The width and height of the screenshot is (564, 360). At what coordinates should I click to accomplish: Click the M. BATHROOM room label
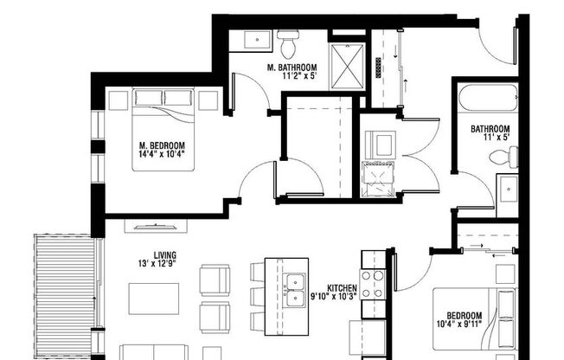tap(291, 67)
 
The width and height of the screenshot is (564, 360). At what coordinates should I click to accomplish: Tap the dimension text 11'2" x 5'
tap(291, 77)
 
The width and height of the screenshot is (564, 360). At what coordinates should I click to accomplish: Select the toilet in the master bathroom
tap(288, 40)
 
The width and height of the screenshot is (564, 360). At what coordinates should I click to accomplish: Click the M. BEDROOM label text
tap(161, 145)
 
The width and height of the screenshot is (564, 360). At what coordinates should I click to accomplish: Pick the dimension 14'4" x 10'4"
tap(161, 155)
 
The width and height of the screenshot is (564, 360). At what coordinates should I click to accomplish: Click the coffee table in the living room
tap(154, 299)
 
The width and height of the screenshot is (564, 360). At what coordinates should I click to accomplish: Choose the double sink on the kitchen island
tap(294, 281)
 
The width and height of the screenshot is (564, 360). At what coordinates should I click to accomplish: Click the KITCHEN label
tap(342, 289)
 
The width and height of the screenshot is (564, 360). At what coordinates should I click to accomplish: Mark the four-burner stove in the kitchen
tap(373, 284)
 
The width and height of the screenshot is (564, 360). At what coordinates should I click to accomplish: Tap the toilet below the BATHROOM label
tap(500, 157)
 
